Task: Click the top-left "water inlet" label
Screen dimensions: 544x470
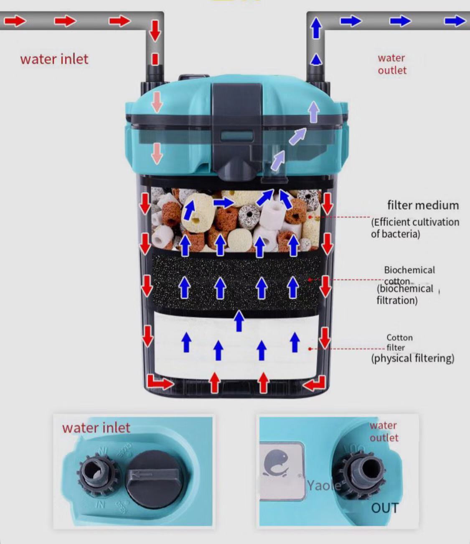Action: pyautogui.click(x=54, y=59)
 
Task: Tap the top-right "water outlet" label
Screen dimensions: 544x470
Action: pyautogui.click(x=392, y=64)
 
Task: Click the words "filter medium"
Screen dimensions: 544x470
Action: pyautogui.click(x=422, y=205)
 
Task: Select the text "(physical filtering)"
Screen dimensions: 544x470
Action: pyautogui.click(x=412, y=358)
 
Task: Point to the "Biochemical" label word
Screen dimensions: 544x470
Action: pyautogui.click(x=409, y=270)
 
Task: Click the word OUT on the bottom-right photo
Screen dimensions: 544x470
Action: pyautogui.click(x=385, y=508)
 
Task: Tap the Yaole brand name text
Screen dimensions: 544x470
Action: pyautogui.click(x=324, y=485)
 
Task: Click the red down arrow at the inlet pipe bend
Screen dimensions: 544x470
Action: pyautogui.click(x=155, y=30)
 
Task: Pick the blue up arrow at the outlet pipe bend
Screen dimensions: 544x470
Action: pyautogui.click(x=316, y=28)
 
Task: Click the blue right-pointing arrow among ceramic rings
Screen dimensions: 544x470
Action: pyautogui.click(x=224, y=203)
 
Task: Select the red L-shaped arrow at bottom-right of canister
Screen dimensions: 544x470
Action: pyautogui.click(x=315, y=383)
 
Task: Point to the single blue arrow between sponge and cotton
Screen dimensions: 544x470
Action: pyautogui.click(x=239, y=321)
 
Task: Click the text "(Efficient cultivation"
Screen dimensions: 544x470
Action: pyautogui.click(x=415, y=222)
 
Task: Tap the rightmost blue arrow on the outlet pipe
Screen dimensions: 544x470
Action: pyautogui.click(x=455, y=21)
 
